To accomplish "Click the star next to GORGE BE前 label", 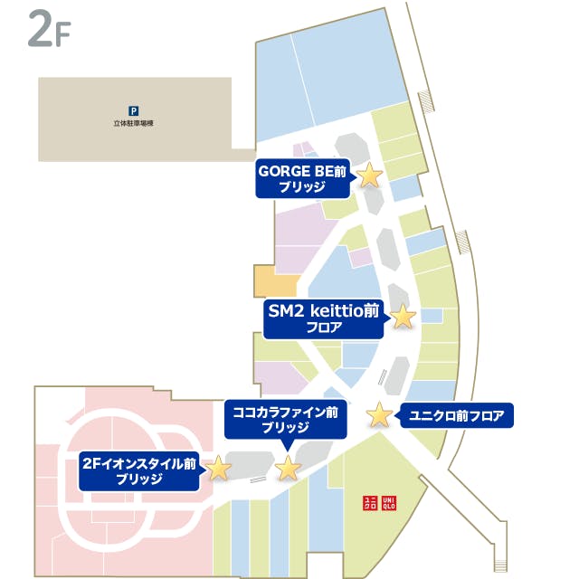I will (369, 175).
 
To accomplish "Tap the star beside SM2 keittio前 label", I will (402, 316).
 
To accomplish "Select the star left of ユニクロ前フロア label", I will (380, 415).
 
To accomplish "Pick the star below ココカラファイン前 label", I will (288, 468).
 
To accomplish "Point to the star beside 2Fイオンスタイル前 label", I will (218, 468).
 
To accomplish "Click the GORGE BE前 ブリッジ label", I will (302, 179).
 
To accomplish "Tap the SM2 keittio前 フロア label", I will (324, 318).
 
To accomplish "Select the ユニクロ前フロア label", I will (455, 416).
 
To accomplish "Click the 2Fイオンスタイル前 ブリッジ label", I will (139, 470).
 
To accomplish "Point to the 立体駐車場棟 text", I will (134, 123).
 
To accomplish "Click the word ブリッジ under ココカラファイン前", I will (285, 428).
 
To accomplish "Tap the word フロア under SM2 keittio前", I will (324, 327).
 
